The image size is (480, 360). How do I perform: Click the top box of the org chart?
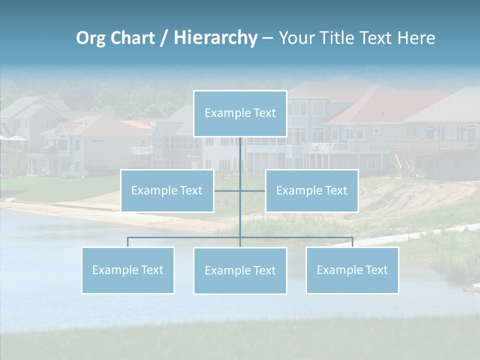coord(240,113)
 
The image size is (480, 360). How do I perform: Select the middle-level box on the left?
coord(167,190)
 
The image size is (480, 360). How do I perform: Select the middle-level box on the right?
coord(311,190)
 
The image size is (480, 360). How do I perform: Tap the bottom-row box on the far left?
coord(128,270)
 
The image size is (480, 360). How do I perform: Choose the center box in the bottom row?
coord(240,270)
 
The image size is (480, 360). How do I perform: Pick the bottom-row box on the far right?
coord(352,270)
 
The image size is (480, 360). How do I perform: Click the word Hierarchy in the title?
coord(215,38)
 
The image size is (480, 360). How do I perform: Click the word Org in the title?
coord(90,38)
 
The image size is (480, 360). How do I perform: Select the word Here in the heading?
coord(416,38)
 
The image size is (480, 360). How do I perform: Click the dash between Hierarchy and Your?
coord(267,38)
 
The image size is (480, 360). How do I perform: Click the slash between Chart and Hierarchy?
coord(164,38)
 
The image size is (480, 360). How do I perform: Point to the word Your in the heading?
coord(296,38)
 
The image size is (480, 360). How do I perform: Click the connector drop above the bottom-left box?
coord(128,242)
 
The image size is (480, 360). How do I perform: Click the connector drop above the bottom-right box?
coord(352,242)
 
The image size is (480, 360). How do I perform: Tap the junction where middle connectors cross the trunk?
coord(240,190)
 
